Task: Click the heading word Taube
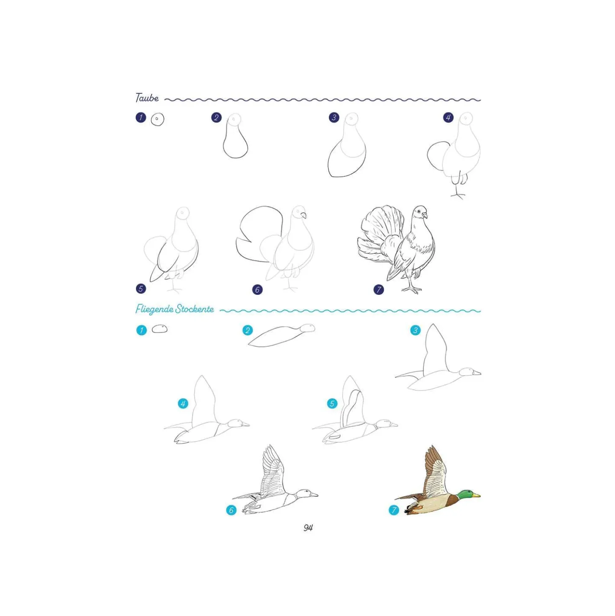147,98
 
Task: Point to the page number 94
308,528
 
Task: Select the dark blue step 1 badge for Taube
141,118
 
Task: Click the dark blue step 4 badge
448,118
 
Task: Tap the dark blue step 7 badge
379,290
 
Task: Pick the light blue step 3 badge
415,330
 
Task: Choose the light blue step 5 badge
332,403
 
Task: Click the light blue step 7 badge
394,510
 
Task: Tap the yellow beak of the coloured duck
476,495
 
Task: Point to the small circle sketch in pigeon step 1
157,119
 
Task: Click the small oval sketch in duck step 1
159,329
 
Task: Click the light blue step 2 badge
247,330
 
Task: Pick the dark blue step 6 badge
257,290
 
